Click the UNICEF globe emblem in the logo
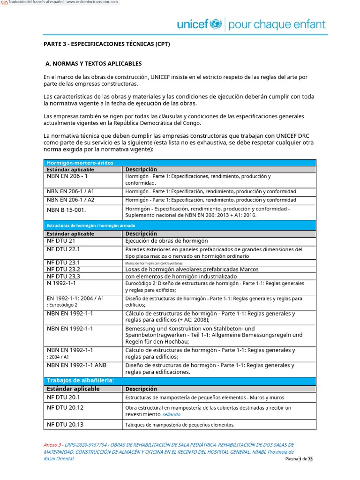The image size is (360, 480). pos(216,24)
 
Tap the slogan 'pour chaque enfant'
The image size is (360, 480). pos(277,24)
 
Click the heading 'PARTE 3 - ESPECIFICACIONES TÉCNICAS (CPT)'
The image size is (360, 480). pos(106,44)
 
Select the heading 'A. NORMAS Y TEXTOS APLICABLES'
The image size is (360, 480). pos(93,63)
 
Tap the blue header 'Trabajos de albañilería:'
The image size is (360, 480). pos(80,380)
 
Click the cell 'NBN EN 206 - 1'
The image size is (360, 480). pos(67,177)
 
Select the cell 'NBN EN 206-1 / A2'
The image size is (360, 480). pos(70,200)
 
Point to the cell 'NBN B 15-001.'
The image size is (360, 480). pos(67,210)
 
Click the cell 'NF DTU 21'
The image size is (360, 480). pos(61,241)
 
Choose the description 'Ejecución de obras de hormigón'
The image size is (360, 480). pos(166,241)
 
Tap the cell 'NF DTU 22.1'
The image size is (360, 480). pos(63,249)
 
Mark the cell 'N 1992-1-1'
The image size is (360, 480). pos(61,284)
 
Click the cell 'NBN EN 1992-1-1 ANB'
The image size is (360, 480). pos(76,365)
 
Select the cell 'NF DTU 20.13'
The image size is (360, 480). pos(65,425)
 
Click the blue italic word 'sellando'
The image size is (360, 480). pos(171,415)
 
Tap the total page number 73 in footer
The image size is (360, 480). pos(310,459)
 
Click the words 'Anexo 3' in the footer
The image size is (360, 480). pos(52,445)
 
